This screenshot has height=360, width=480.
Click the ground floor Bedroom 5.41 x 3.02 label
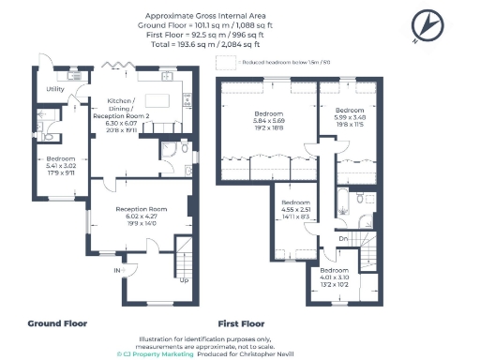pos(60,165)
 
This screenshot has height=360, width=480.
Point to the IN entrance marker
pos(119,270)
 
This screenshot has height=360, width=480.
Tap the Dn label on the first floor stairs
pos(343,239)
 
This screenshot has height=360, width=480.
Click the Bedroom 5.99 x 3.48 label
pos(350,114)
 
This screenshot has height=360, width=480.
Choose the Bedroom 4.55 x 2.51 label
pos(296,209)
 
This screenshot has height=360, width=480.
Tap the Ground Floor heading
pos(57,323)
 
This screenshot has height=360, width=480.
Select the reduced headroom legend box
pos(225,63)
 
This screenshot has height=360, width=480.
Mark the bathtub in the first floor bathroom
pos(341,202)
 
